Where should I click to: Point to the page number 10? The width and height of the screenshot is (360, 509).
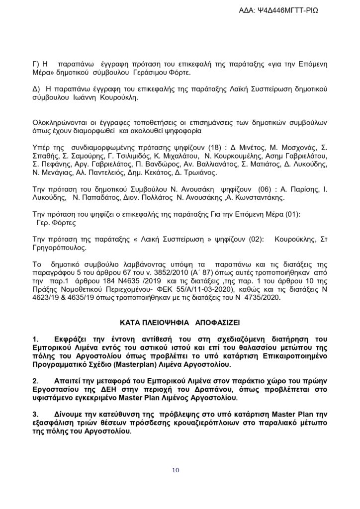click(177, 470)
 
